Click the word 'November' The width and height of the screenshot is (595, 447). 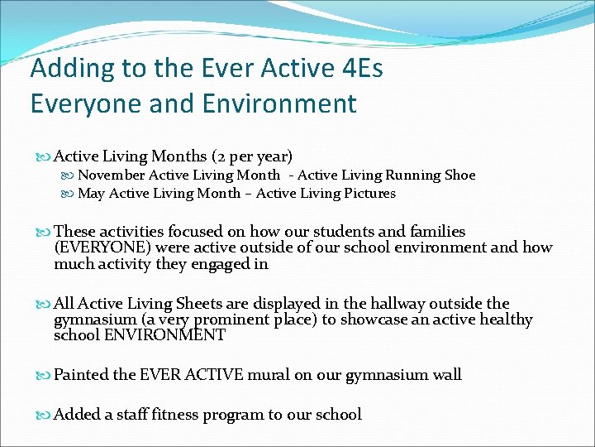112,175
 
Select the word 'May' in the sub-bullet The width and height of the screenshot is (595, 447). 91,193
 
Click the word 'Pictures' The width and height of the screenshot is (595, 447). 369,193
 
